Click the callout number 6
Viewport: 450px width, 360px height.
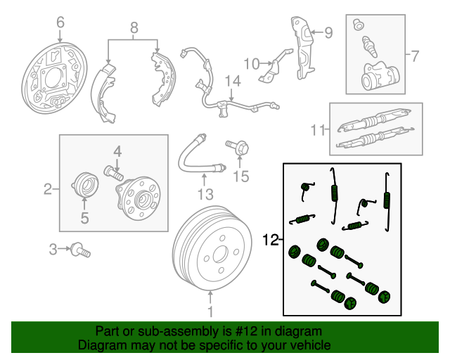(x=60, y=23)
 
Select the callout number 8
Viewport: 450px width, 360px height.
(x=134, y=29)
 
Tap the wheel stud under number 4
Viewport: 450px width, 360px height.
(x=113, y=170)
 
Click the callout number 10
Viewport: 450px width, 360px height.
(x=251, y=64)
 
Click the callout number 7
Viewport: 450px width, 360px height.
(x=414, y=55)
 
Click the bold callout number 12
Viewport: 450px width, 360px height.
(x=271, y=240)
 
